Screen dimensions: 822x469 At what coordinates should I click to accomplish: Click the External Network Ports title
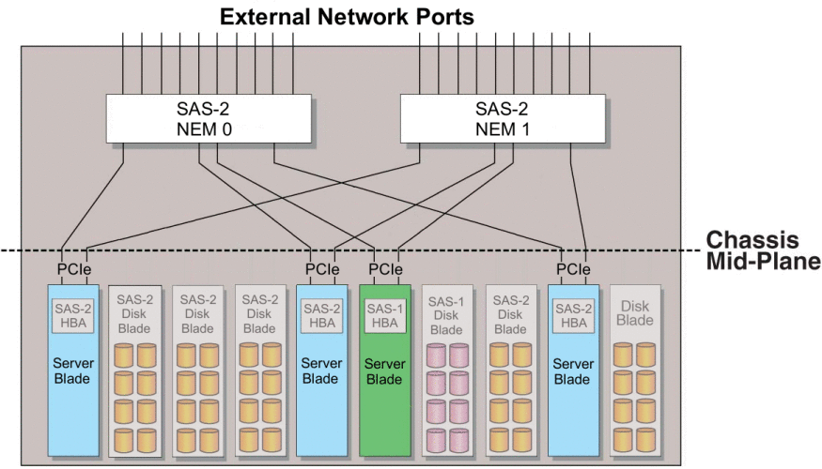347,17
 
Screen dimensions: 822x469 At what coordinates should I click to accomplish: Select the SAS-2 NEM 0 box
209,118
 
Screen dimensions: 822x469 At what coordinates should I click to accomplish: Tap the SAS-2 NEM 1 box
503,118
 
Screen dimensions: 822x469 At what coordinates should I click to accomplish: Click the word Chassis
752,240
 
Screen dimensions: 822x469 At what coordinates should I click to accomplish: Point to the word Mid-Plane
763,261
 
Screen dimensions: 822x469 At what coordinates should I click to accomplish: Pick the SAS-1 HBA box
385,316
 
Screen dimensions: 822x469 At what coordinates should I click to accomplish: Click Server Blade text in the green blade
385,371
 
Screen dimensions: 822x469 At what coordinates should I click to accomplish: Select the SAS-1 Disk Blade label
446,315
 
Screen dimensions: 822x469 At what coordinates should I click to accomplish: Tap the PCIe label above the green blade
385,269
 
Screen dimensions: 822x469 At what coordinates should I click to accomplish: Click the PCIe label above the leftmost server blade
74,269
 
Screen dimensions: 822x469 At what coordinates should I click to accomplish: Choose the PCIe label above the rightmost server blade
573,269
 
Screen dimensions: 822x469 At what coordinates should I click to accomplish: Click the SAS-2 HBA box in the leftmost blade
73,315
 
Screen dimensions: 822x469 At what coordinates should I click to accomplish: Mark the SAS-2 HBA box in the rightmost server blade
573,315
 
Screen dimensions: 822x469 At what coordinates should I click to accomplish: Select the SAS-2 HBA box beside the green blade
322,315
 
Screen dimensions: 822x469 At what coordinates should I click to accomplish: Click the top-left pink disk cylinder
436,356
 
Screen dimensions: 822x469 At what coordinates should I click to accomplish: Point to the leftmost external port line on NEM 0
123,64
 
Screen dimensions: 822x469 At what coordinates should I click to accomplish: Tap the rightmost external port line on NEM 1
590,64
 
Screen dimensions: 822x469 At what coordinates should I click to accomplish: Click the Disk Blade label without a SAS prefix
635,313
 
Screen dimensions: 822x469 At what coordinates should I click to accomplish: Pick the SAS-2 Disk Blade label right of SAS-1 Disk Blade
511,314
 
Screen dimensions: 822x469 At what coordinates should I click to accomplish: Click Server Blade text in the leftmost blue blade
73,371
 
